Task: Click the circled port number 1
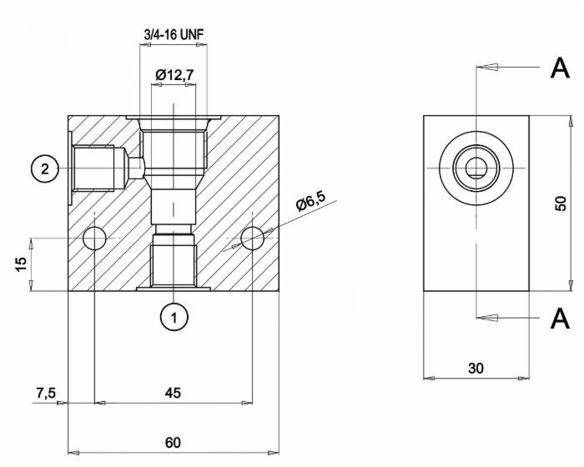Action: [x=174, y=316]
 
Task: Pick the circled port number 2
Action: [x=45, y=168]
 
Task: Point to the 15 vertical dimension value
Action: [x=22, y=263]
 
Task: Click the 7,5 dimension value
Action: [x=46, y=393]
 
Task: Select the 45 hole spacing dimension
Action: [x=173, y=393]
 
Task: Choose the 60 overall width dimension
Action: [x=173, y=443]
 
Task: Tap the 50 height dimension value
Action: [x=561, y=203]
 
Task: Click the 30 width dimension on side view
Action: [x=476, y=368]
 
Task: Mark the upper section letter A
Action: [x=561, y=69]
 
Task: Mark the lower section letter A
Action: [x=561, y=318]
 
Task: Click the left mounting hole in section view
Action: [x=95, y=239]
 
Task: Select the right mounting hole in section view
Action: [x=252, y=239]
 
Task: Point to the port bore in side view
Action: [x=476, y=168]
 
